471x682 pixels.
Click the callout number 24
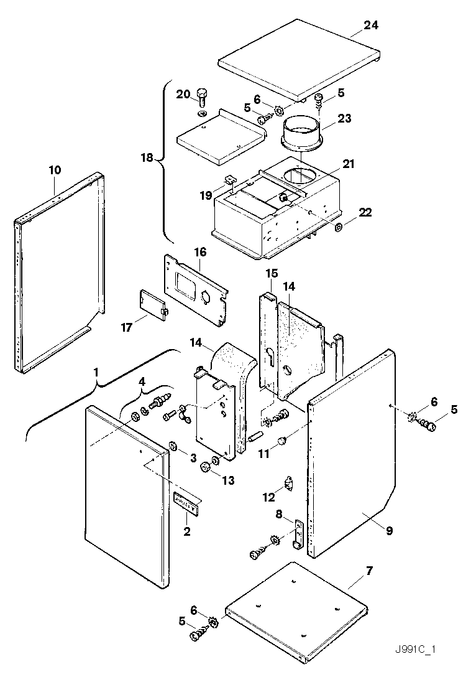tap(371, 26)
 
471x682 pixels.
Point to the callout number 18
tap(146, 159)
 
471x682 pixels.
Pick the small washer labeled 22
tap(339, 227)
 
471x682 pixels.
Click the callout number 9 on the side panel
tap(389, 531)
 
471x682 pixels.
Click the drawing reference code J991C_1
tap(414, 650)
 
